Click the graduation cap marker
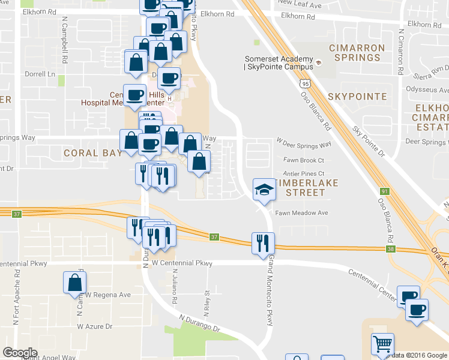pyautogui.click(x=262, y=190)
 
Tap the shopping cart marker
pyautogui.click(x=382, y=344)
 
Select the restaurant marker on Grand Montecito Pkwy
pyautogui.click(x=262, y=243)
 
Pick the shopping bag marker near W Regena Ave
pyautogui.click(x=74, y=283)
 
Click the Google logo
pyautogui.click(x=20, y=352)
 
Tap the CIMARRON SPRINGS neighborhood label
pyautogui.click(x=355, y=52)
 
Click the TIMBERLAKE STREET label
pyautogui.click(x=300, y=187)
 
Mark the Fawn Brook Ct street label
pyautogui.click(x=304, y=160)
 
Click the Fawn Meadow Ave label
pyautogui.click(x=302, y=213)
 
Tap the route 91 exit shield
pyautogui.click(x=381, y=191)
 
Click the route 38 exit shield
pyautogui.click(x=391, y=248)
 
